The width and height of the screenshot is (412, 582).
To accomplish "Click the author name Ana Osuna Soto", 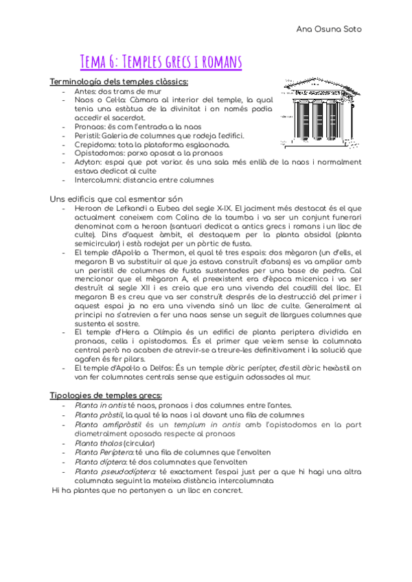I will pos(329,29).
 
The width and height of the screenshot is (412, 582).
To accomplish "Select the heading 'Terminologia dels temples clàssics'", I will pos(114,82).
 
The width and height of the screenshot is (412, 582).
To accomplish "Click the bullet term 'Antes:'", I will pos(86,91).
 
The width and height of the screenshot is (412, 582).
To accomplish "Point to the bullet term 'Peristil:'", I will pos(90,136).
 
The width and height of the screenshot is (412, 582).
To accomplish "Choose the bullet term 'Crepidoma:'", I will pos(95,145).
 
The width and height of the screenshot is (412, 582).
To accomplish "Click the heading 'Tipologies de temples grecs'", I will pos(106,395).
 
